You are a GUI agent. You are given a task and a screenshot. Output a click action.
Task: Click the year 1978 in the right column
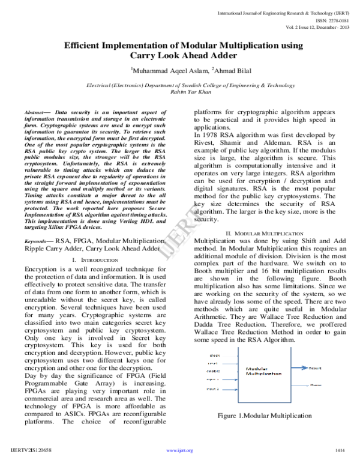[215, 134]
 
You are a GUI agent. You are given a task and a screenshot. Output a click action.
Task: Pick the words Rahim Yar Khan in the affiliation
[179, 94]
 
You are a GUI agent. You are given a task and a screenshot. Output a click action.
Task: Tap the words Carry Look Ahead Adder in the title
[180, 56]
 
